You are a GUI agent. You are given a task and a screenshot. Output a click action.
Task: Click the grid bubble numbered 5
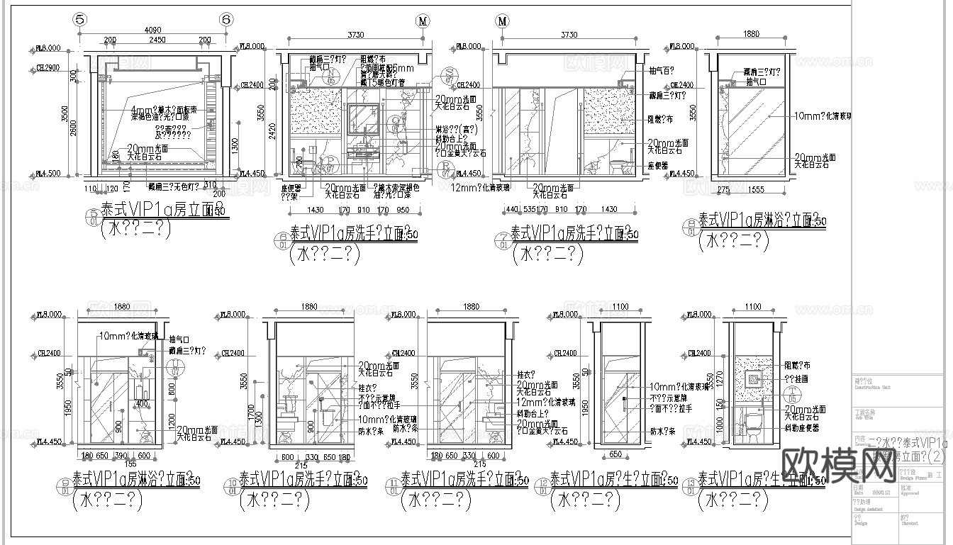[x=80, y=21]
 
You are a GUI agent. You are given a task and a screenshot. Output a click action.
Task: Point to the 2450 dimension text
[x=157, y=40]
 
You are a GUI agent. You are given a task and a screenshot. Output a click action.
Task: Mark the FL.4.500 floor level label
[x=48, y=173]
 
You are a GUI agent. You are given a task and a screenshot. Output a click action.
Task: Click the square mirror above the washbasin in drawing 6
[x=366, y=120]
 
